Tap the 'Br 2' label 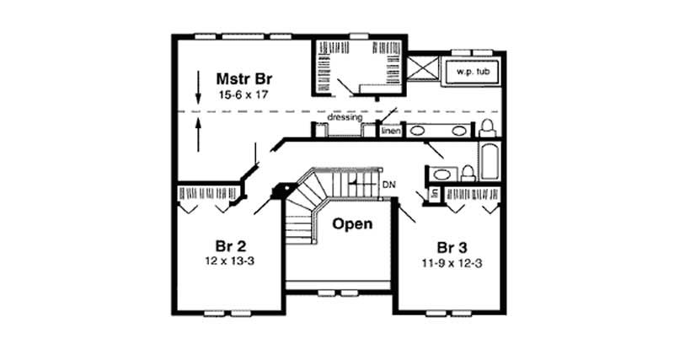[229, 246]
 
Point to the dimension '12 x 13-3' [229, 263]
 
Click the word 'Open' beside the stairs [352, 224]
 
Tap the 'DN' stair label [388, 185]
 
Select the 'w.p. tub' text [472, 72]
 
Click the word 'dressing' [345, 117]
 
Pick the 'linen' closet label [389, 132]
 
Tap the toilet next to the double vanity [487, 128]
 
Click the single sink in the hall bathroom [441, 175]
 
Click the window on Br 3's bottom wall [447, 313]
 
